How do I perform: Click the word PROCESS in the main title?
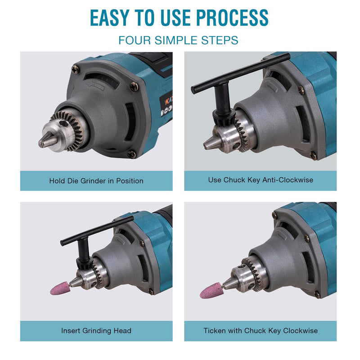(232, 18)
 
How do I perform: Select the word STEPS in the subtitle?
(220, 40)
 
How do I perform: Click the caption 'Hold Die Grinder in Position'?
(96, 181)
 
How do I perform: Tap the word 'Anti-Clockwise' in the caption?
(288, 180)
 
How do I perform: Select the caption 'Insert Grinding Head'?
(96, 331)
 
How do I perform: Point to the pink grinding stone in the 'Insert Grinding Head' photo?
(59, 288)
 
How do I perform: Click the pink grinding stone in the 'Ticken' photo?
(210, 291)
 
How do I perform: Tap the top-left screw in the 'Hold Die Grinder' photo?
(76, 69)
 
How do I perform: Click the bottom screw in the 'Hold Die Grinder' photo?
(131, 154)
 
